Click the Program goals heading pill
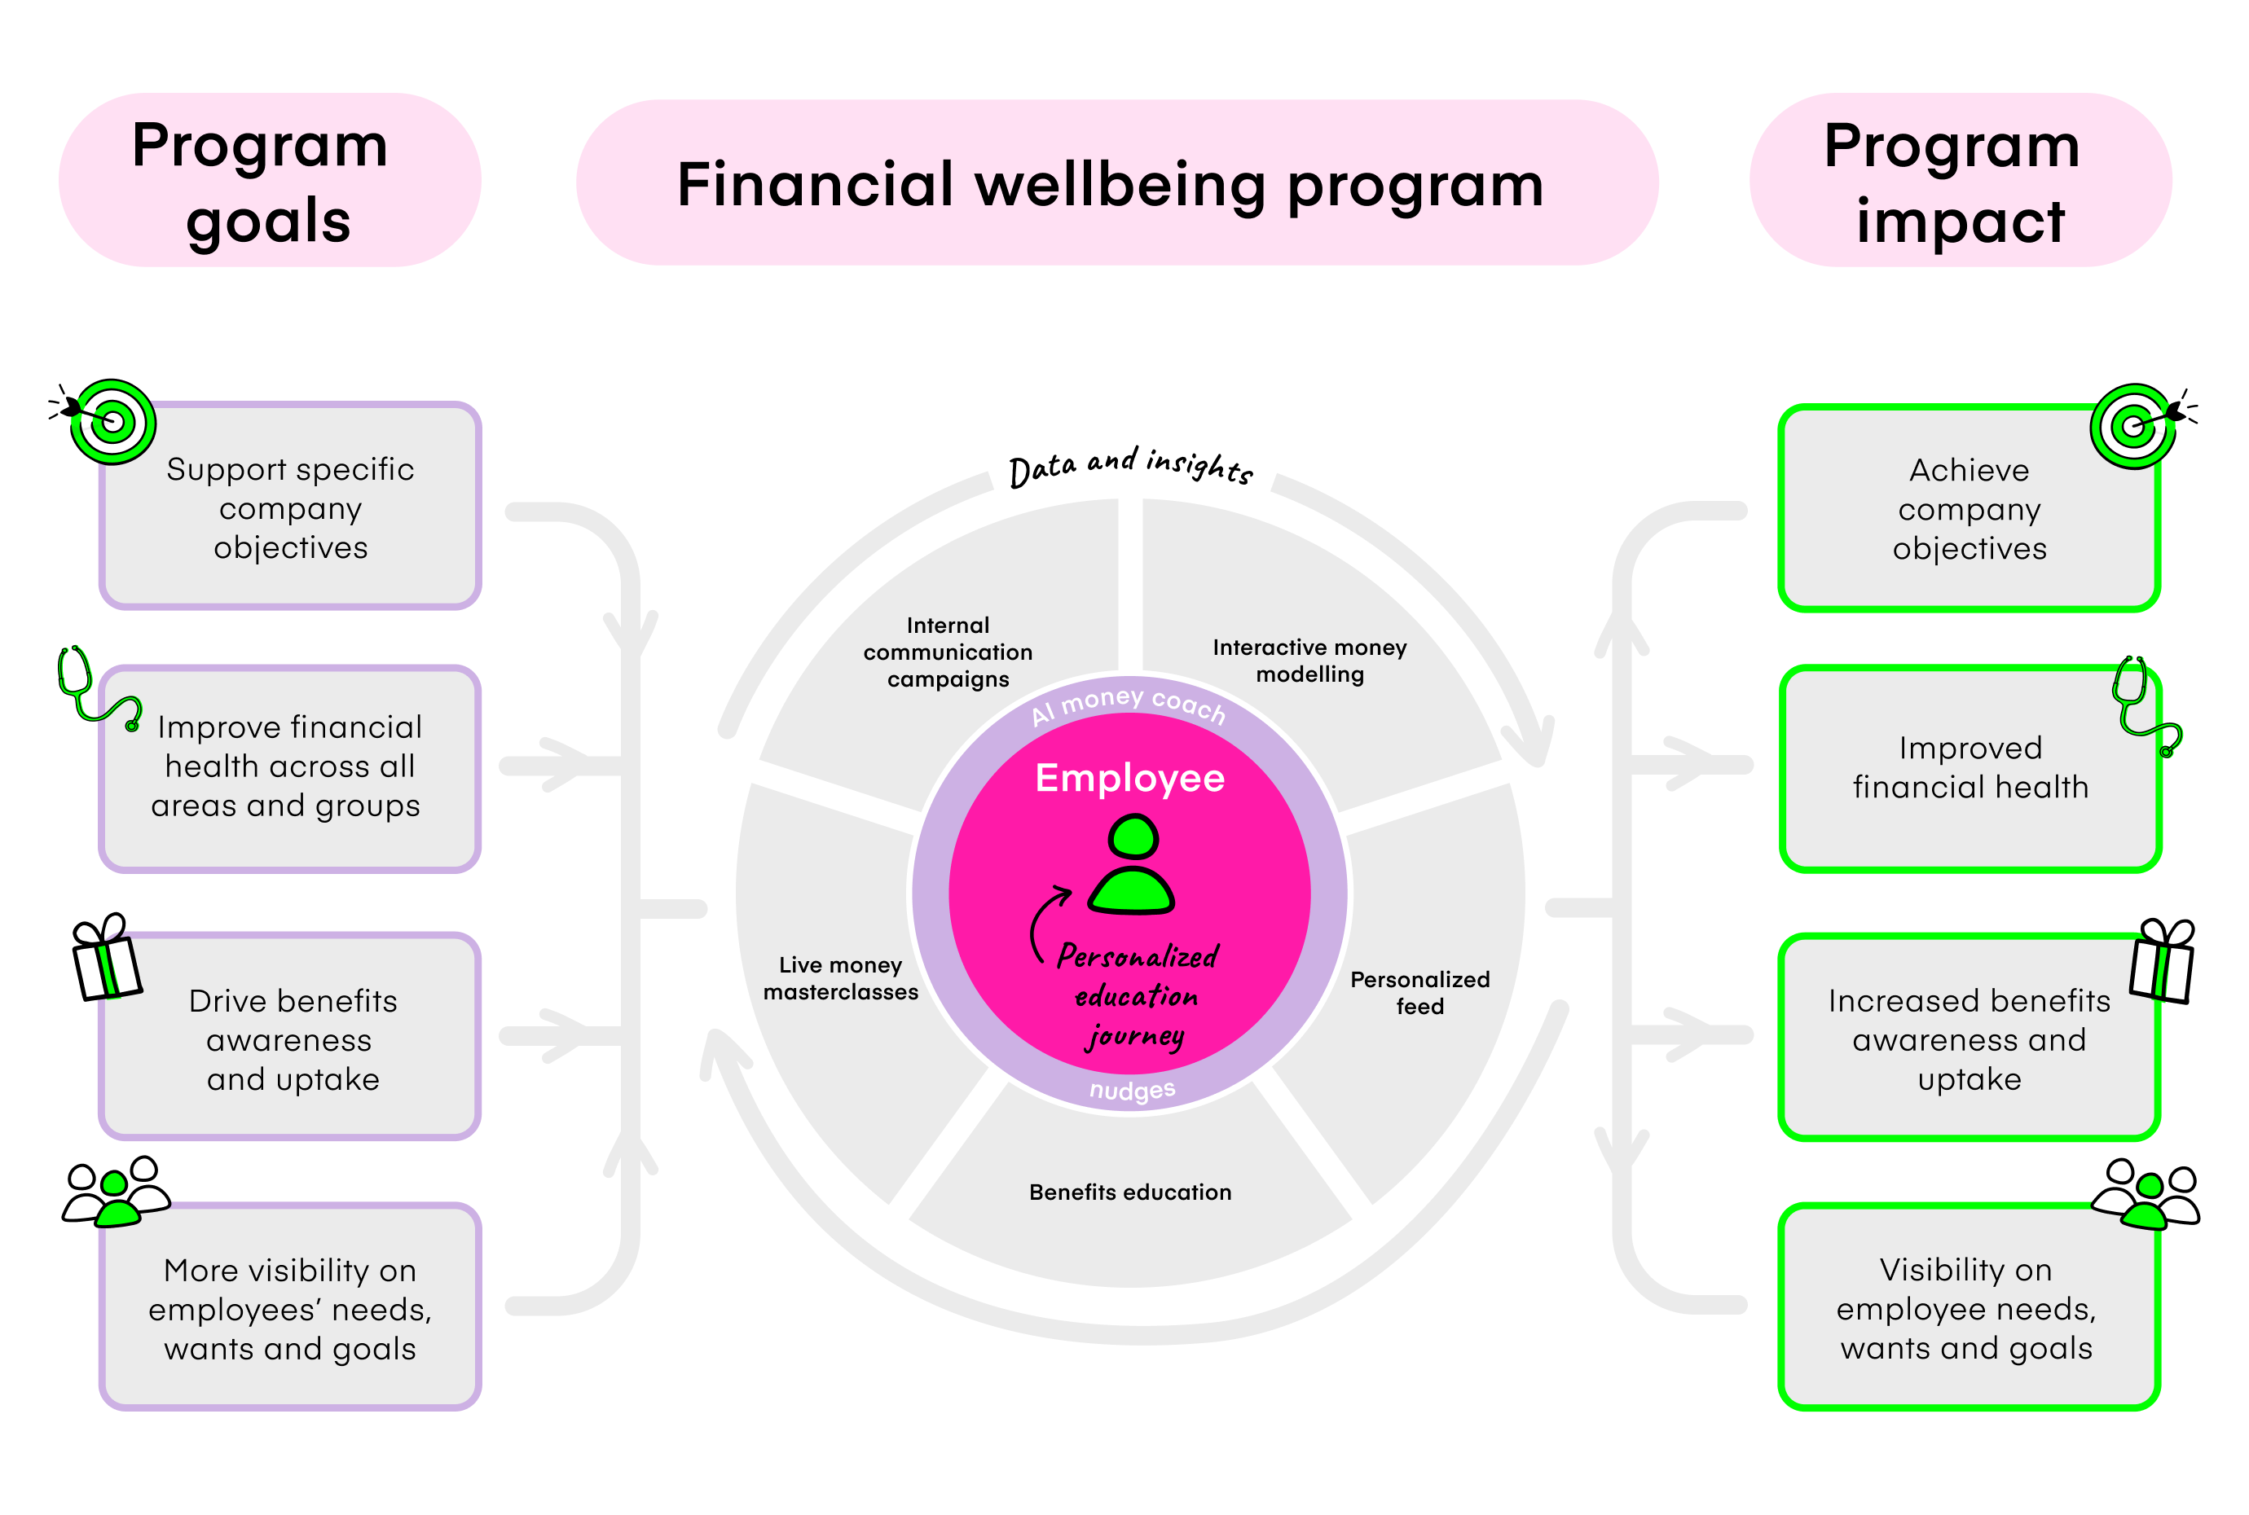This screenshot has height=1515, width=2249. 269,181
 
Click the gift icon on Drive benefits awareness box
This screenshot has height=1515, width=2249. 105,959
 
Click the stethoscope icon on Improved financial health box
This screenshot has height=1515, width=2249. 2143,706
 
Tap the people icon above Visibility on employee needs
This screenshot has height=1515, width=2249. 2146,1194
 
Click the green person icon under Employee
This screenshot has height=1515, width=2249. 1131,865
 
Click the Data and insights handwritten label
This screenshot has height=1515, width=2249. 1130,467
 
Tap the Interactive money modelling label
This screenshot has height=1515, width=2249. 1309,661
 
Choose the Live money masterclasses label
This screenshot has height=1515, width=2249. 840,977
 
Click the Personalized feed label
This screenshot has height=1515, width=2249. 1419,992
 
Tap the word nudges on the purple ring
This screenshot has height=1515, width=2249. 1131,1091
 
